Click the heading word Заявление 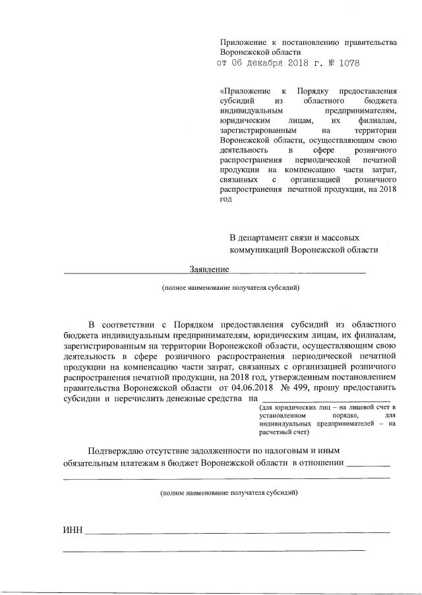point(208,269)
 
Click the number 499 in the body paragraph point(303,388)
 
